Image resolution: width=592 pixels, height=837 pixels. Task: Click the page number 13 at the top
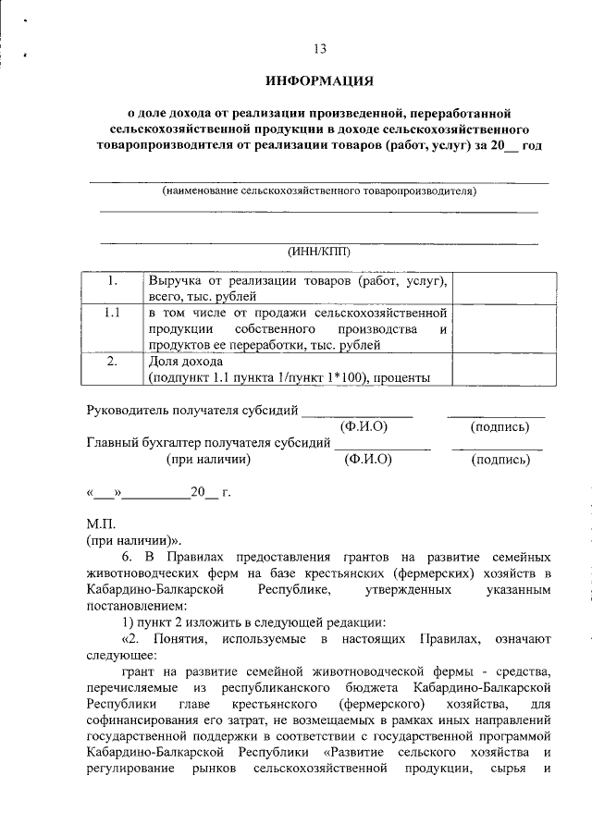point(320,49)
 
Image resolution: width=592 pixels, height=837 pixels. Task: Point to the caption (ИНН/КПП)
point(319,251)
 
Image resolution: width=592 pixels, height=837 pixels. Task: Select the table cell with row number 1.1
point(112,313)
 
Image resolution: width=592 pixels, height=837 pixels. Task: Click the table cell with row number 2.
point(112,362)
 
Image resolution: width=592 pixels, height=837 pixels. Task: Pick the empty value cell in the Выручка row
point(504,289)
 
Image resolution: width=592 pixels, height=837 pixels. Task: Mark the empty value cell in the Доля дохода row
point(504,369)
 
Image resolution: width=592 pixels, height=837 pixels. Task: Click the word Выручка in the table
point(176,280)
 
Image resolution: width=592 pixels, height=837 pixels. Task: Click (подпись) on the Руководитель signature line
point(499,426)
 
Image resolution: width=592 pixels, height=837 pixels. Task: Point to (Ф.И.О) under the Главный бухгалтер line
point(367,459)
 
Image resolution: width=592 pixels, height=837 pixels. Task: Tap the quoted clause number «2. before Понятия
point(133,638)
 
